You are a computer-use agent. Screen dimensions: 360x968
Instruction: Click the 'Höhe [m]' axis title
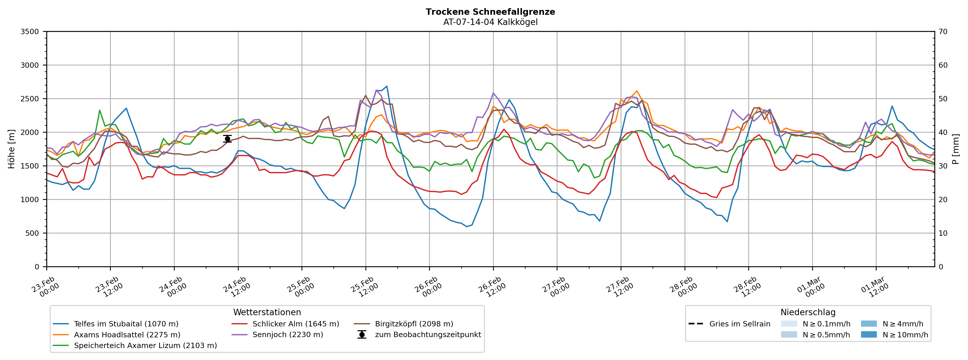point(11,149)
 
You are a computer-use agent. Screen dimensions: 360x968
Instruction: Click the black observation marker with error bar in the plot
point(227,139)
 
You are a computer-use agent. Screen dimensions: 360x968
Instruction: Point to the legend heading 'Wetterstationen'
point(267,312)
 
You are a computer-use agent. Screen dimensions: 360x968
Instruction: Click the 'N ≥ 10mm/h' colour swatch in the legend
point(868,335)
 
